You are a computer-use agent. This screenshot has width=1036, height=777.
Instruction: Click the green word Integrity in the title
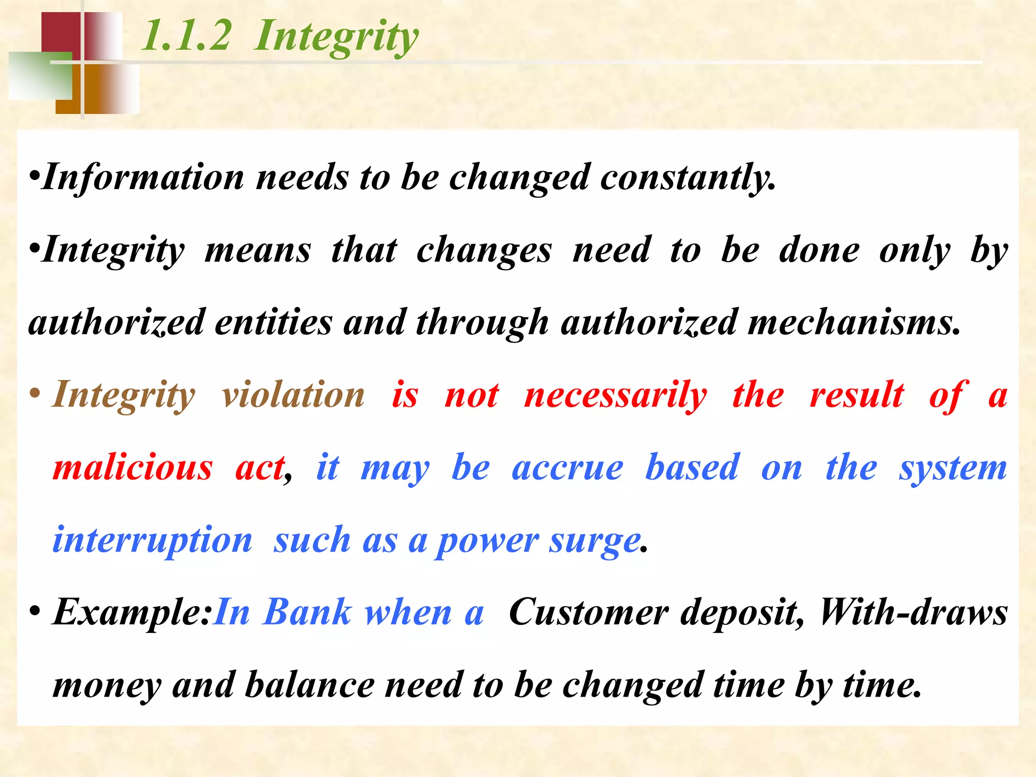pyautogui.click(x=336, y=36)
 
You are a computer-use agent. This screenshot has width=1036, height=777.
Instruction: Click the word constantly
pyautogui.click(x=688, y=178)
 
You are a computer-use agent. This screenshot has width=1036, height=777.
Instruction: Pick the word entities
pyautogui.click(x=273, y=322)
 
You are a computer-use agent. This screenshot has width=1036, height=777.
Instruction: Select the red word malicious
pyautogui.click(x=133, y=467)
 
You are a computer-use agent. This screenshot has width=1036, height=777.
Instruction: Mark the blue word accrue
pyautogui.click(x=568, y=467)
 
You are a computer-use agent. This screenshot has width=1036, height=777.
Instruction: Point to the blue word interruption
pyautogui.click(x=152, y=540)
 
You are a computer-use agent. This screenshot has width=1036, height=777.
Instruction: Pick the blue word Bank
pyautogui.click(x=308, y=613)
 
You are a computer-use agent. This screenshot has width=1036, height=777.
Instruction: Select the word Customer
pyautogui.click(x=588, y=613)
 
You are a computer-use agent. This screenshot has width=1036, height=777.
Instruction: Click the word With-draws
pyautogui.click(x=914, y=613)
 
